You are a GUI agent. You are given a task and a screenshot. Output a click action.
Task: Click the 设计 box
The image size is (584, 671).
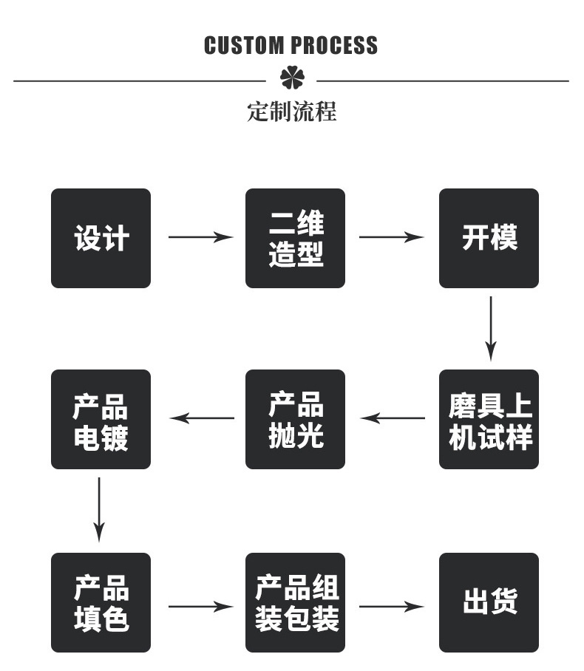(101, 238)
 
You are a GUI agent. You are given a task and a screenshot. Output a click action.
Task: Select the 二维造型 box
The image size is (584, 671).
(295, 238)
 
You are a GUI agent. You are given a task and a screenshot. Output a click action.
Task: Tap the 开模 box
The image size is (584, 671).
(489, 238)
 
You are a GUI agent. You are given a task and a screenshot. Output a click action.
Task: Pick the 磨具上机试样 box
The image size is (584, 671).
(489, 419)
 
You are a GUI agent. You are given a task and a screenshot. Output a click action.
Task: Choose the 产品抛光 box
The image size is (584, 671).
(295, 419)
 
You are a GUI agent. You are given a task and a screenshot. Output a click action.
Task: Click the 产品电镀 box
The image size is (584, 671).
(101, 419)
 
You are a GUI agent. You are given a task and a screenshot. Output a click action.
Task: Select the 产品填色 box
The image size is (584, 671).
(101, 602)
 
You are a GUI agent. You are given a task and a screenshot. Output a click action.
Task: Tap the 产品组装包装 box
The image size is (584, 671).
(295, 602)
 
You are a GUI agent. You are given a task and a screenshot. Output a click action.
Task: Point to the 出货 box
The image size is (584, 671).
(489, 602)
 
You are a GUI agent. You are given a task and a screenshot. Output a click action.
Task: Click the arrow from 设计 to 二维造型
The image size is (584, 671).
(200, 237)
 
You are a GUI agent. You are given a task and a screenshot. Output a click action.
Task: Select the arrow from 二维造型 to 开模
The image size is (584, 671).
(391, 237)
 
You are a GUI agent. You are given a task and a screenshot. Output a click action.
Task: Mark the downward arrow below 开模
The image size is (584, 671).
(491, 328)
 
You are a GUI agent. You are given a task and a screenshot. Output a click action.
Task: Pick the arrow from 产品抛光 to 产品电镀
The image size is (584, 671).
(202, 418)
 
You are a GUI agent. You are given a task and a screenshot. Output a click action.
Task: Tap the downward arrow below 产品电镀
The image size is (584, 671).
(99, 509)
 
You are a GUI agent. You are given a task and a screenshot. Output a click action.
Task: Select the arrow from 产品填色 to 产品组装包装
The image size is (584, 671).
(200, 607)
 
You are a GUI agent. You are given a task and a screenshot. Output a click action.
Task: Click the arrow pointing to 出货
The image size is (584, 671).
(391, 607)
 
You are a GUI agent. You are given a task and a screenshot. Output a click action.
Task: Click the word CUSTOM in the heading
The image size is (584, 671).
(245, 46)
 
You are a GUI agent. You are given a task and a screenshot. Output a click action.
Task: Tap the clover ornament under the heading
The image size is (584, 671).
(291, 79)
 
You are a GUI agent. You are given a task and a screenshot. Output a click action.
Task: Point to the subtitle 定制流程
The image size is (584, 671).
(291, 112)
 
